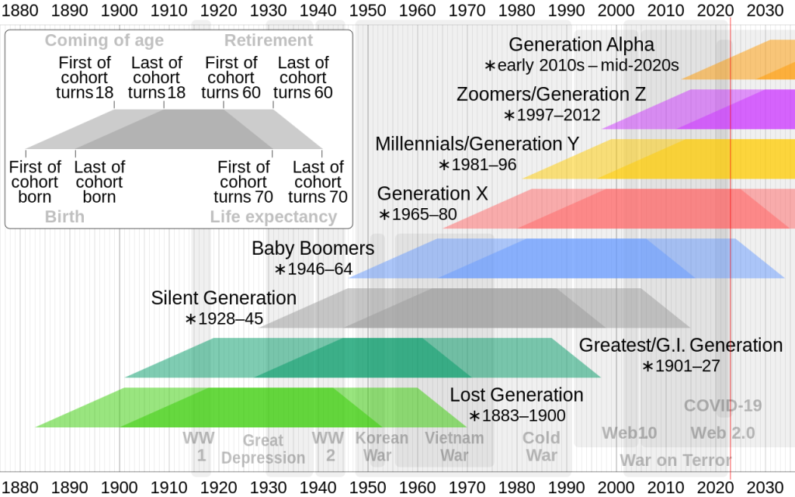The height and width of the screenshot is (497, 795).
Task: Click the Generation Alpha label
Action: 581,45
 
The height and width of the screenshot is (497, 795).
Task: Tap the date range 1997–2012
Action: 553,115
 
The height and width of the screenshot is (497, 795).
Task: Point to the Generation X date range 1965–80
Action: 418,214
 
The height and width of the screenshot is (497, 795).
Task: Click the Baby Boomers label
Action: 313,249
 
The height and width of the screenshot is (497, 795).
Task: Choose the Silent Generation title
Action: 224,298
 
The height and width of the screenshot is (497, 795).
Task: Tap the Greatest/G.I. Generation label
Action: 681,346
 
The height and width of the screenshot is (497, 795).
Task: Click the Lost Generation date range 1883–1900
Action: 517,415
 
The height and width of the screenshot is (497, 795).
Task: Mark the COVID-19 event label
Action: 723,405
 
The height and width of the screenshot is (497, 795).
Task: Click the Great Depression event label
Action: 263,449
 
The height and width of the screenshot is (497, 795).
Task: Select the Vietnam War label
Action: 454,446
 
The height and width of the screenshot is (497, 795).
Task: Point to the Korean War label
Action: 381,446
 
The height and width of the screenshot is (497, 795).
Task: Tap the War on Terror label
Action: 675,461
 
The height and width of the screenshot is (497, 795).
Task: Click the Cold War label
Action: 541,446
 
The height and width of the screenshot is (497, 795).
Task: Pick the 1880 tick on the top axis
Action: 19,11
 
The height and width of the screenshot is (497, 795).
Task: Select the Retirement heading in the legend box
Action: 269,40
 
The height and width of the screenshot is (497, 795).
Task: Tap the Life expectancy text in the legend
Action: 273,217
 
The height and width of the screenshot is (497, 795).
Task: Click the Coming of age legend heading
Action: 104,40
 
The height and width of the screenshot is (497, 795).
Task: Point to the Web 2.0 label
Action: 723,433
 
